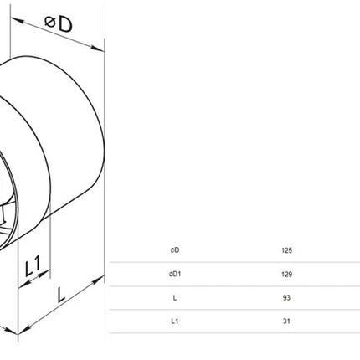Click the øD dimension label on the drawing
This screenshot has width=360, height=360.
coord(59,23)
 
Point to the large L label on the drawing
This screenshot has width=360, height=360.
coord(60,295)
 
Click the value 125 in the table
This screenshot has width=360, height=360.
coord(286,250)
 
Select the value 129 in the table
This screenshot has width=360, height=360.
coord(286,274)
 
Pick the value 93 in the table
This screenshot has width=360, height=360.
coord(286,298)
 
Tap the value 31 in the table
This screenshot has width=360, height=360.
coord(286,321)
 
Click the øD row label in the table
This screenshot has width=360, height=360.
coord(175,250)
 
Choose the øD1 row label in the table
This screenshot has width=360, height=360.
coord(175,274)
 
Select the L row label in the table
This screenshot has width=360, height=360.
coord(175,298)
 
